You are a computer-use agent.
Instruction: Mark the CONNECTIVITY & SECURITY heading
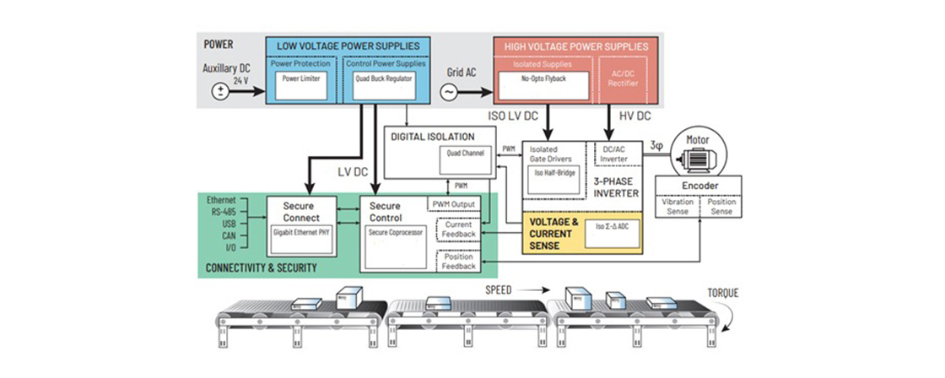[262, 268]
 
